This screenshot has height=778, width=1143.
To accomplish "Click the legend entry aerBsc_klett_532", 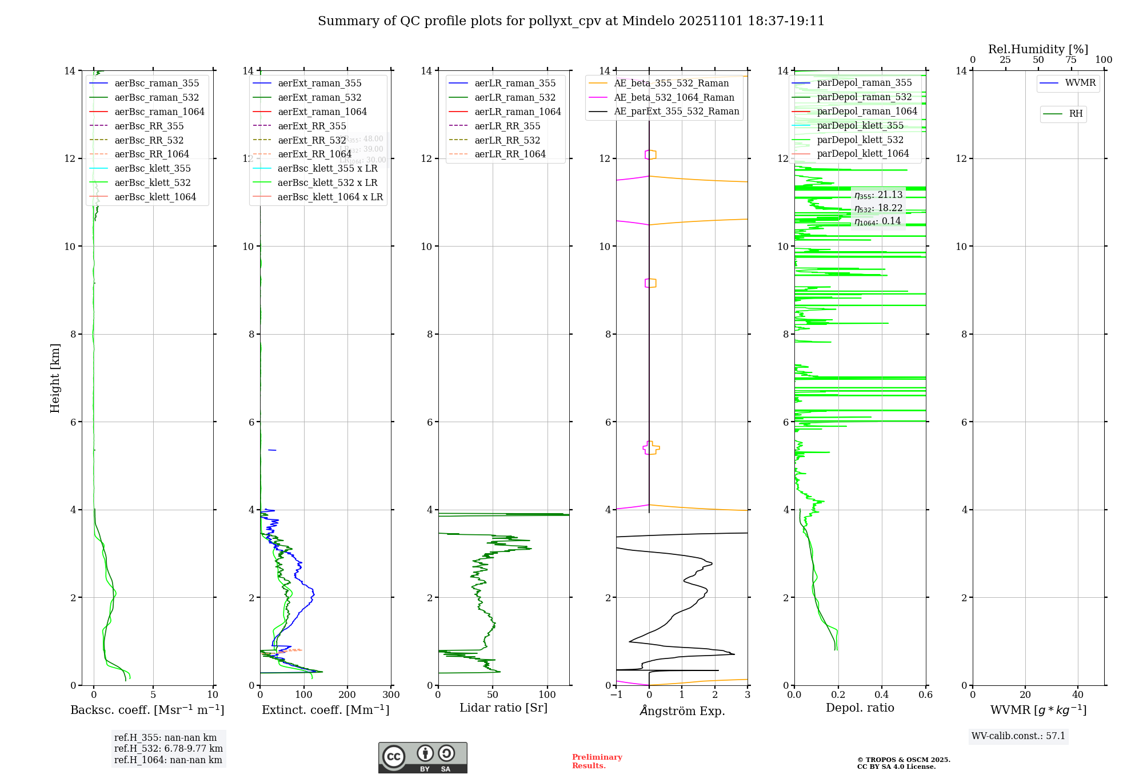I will point(152,182).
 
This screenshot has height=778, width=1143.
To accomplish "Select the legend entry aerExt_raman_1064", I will point(322,112).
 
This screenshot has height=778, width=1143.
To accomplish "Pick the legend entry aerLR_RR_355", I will point(507,126).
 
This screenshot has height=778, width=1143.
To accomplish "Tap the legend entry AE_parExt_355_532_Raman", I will point(676,111).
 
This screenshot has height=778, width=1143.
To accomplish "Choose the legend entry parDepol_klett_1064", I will point(862,153).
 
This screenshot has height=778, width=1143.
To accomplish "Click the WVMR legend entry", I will point(1080,83).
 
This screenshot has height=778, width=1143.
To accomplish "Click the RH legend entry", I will point(1075,114).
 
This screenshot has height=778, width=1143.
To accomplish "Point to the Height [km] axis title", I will point(55,378).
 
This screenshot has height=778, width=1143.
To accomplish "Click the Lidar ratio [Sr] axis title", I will point(503,708).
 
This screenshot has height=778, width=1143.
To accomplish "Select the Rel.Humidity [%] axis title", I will point(1038,49).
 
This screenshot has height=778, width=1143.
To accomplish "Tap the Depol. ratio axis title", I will point(860,708).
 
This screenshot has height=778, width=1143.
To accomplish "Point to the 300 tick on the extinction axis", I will point(391,694).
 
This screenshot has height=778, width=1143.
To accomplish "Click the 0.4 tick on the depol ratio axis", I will point(882,694).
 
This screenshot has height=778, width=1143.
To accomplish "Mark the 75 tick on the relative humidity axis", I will point(1071,60).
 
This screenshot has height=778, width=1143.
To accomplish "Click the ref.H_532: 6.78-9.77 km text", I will point(168,748).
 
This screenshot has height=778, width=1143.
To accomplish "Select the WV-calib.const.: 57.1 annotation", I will point(1018,736).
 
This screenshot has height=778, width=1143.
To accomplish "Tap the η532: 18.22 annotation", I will point(878,208).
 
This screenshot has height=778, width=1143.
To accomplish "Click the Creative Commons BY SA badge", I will point(422,757).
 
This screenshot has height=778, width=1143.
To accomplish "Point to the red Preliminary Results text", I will point(597,761).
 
